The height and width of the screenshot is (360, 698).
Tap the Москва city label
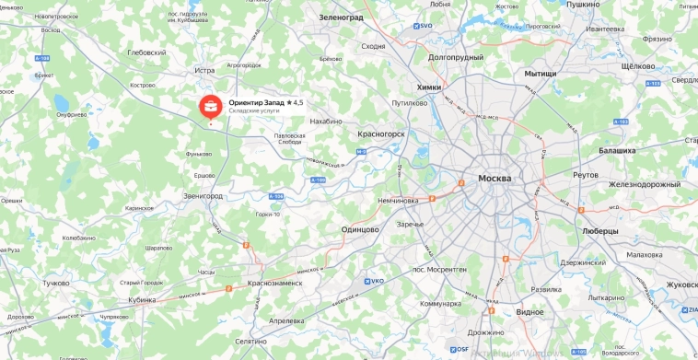[494, 178]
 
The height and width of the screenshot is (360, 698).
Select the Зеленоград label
[342, 17]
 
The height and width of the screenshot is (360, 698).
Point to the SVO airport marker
[423, 26]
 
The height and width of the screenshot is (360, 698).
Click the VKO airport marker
[373, 281]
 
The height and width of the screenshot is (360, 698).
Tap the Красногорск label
[380, 134]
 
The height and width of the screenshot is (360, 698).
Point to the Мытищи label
[541, 73]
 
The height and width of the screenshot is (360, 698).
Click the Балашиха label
[617, 149]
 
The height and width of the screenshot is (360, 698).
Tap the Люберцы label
[600, 231]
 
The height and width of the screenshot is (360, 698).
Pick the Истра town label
[204, 70]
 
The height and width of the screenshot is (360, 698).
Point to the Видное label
[529, 312]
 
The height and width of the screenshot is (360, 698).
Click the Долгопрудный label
[455, 57]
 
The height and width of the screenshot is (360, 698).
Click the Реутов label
[585, 174]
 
